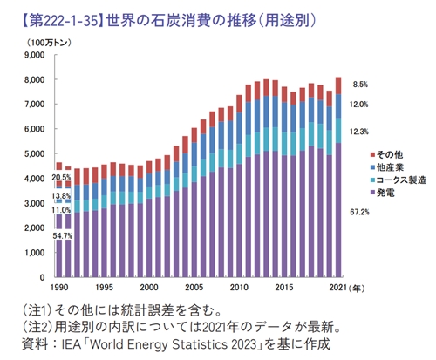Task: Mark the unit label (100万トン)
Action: pyautogui.click(x=44, y=41)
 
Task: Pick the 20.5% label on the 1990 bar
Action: pyautogui.click(x=61, y=178)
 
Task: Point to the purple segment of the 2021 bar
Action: pyautogui.click(x=338, y=209)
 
